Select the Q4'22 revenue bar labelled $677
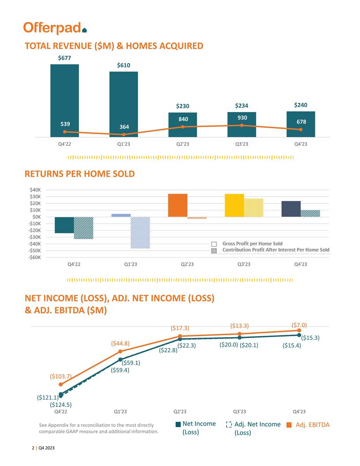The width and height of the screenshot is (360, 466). [64, 99]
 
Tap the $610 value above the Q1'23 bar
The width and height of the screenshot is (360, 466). [124, 65]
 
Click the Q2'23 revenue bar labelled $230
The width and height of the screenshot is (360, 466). [182, 124]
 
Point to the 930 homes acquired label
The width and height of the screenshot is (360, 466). [241, 118]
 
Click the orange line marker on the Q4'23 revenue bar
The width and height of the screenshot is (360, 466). [300, 130]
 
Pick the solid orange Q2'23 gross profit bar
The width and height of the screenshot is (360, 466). [178, 205]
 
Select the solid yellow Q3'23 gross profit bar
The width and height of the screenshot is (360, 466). [234, 205]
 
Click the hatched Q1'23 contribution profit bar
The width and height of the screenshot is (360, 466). [140, 233]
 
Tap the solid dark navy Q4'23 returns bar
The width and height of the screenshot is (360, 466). [291, 209]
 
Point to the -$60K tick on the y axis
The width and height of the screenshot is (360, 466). [35, 257]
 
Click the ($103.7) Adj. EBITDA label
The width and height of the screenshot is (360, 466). [60, 376]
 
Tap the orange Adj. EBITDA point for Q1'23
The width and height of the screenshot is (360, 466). [120, 351]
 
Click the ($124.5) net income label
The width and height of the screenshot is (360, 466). [61, 404]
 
